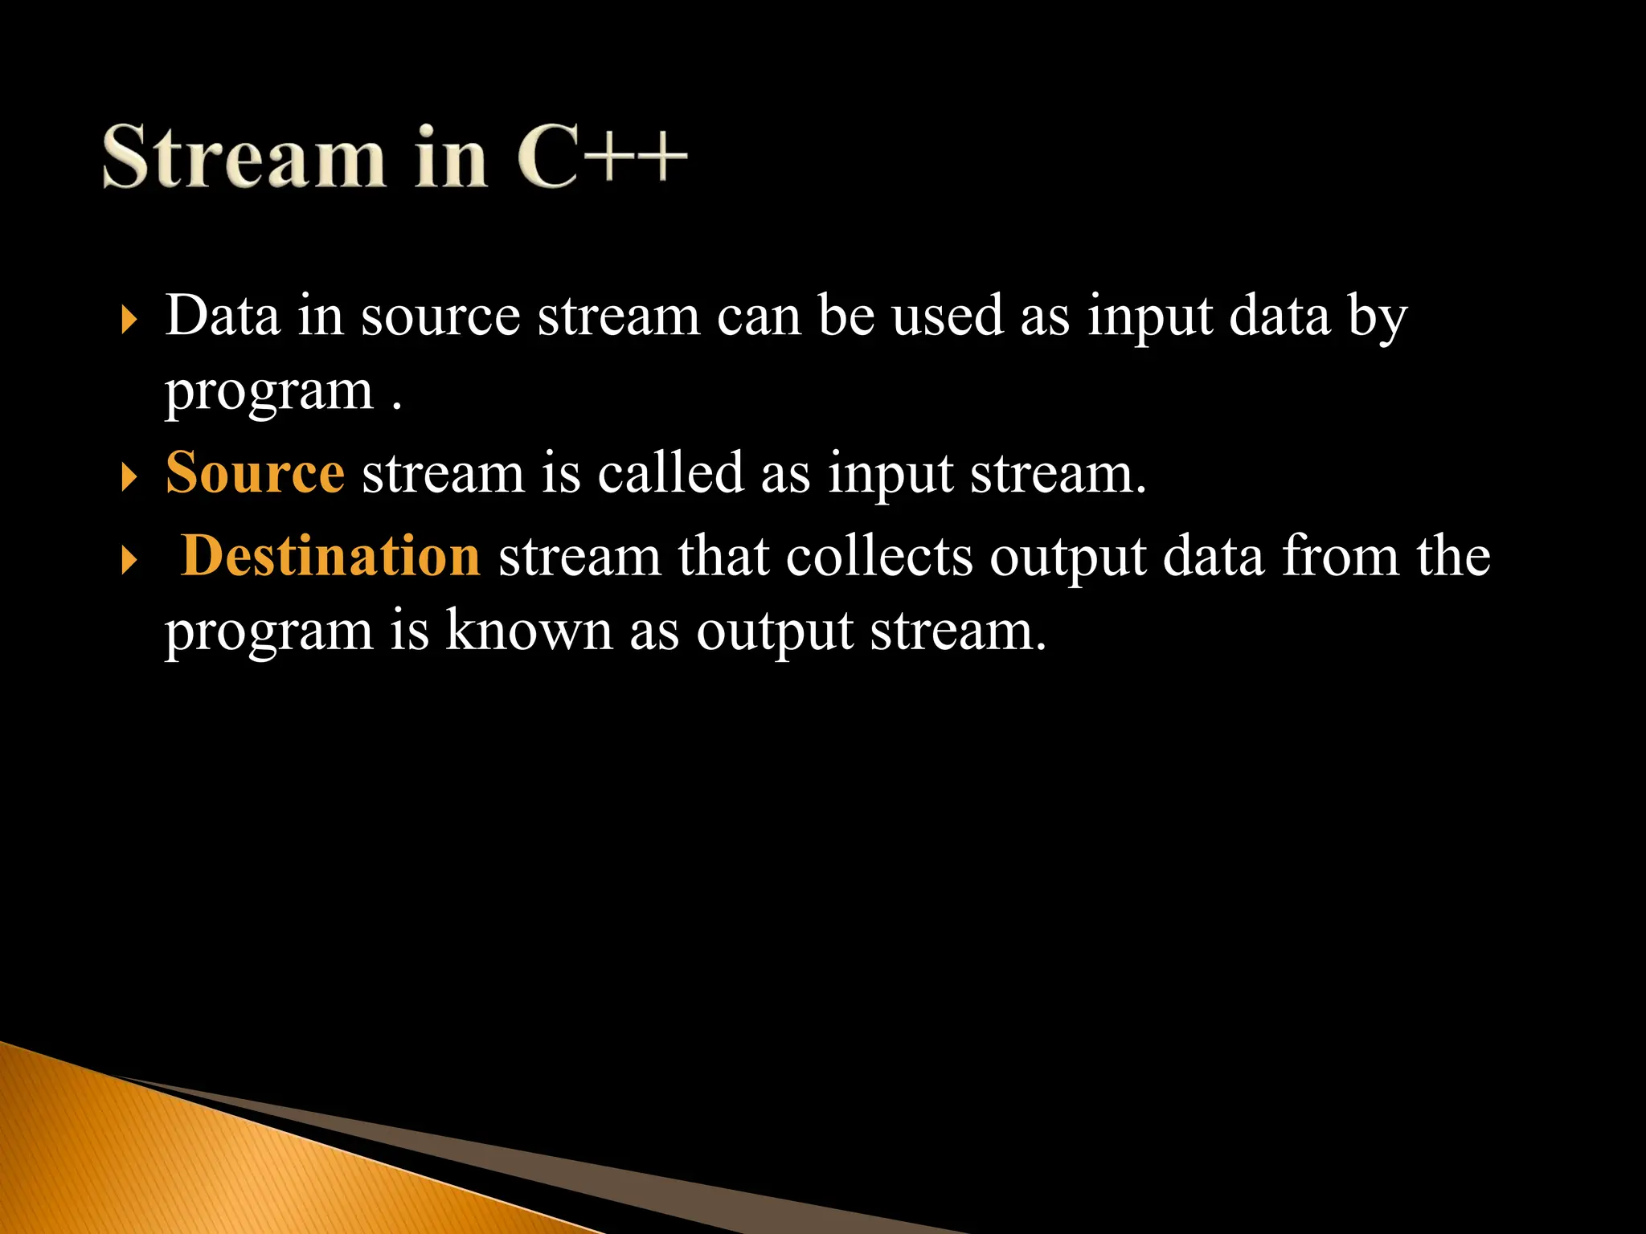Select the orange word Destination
click(330, 556)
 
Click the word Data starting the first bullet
click(223, 316)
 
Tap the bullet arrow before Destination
click(129, 560)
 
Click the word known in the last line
click(529, 631)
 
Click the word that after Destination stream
click(723, 556)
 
